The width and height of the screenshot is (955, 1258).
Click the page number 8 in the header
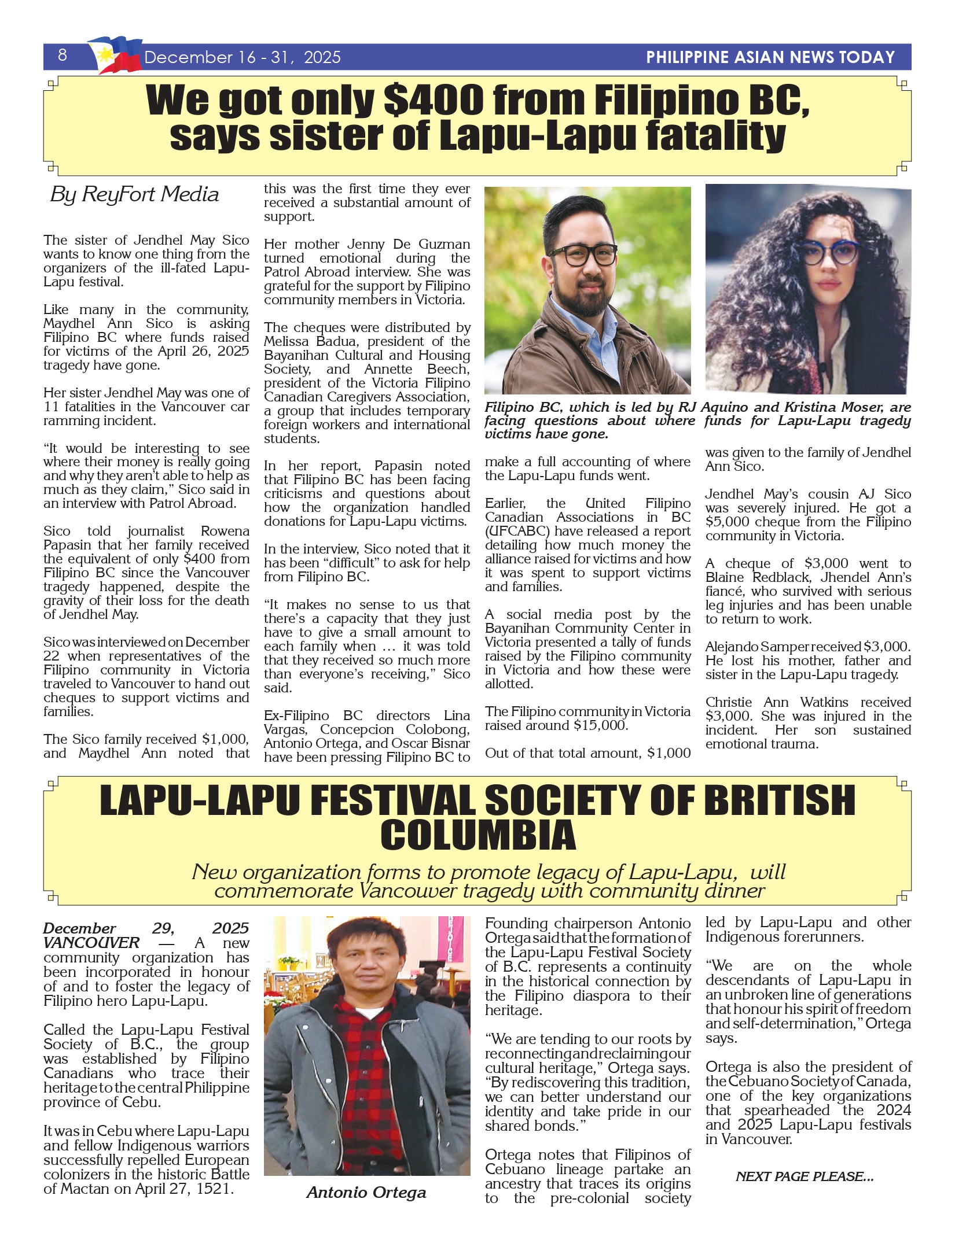pos(63,55)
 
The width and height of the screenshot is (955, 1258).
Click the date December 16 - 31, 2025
pos(243,57)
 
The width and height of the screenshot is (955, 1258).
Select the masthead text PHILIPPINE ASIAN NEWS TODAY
pos(770,57)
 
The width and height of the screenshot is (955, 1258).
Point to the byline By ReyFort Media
pos(135,194)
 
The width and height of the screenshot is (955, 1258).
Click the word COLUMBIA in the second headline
pos(477,836)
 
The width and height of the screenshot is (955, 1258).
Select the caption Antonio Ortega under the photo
pos(366,1193)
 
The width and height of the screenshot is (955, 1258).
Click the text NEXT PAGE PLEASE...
pos(805,1177)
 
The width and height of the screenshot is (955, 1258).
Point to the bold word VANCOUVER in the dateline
pos(91,943)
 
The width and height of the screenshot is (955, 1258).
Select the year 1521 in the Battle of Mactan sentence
pos(214,1189)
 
